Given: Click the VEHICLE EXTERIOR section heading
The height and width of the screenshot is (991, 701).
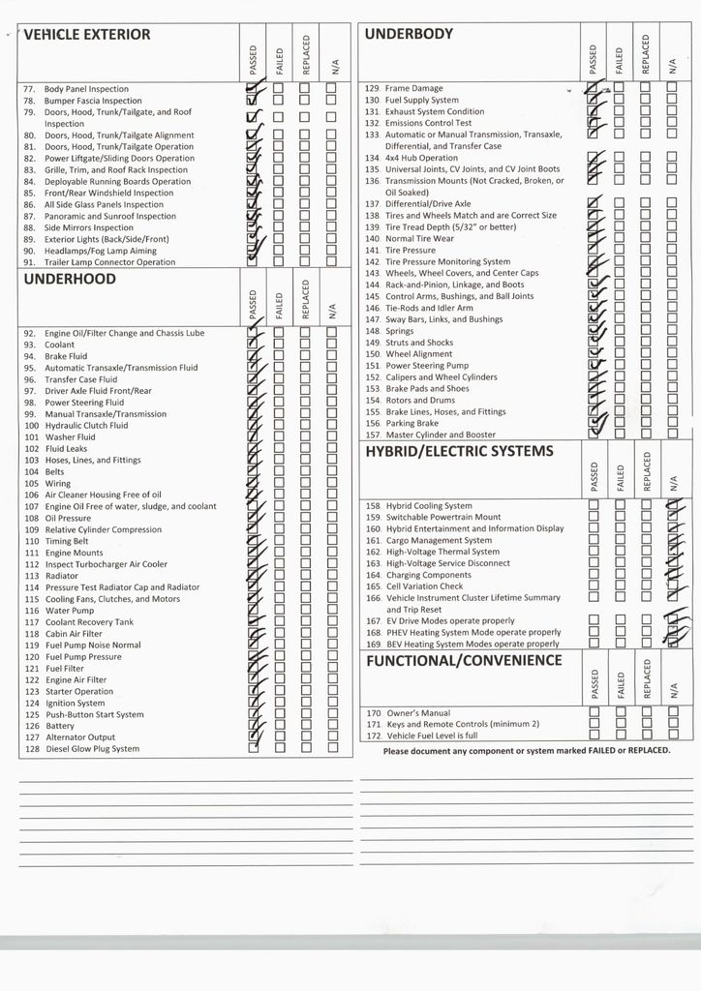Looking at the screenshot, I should pos(87,35).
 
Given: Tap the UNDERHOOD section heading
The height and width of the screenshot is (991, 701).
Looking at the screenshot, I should pos(70,279).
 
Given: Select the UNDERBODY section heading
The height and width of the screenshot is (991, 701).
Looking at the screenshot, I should pos(409,34).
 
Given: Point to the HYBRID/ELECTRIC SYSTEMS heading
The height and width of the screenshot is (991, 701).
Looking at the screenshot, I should pos(459,451).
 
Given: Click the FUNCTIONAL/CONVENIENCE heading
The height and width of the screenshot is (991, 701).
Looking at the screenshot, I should pos(463,660).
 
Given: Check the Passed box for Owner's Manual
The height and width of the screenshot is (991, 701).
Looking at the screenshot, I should pos(594,712).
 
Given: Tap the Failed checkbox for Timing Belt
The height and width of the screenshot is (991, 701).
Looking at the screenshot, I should pos(280,541).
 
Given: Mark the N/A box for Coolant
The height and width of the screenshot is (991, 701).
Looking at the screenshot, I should pos(331,345).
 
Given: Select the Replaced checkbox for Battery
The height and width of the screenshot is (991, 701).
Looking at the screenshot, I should pos(305,725).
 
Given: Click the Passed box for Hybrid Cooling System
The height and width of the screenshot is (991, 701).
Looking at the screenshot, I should pos(594,505).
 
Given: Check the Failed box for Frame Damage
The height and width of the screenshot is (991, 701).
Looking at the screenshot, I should pos(620,88).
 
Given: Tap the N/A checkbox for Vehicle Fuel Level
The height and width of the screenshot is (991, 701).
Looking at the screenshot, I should pos(672,736).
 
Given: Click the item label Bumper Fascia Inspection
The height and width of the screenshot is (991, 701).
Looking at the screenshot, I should pos(93,101).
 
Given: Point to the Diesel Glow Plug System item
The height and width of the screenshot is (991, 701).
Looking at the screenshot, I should pos(93,749).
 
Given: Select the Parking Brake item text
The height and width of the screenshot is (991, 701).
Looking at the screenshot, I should pos(411,423).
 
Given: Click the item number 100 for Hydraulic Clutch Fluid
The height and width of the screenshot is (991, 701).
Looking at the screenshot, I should pos(31,425).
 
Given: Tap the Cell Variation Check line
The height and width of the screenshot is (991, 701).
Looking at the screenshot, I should pos(424,586).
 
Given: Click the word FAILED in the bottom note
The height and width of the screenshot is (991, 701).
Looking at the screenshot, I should pos(578,750).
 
